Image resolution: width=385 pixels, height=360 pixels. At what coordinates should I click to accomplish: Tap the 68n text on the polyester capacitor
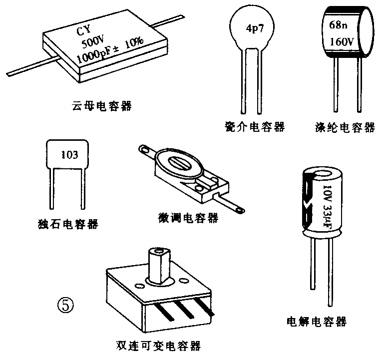pyautogui.click(x=338, y=24)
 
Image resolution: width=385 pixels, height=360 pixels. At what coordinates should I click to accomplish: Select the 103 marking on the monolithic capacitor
pyautogui.click(x=69, y=155)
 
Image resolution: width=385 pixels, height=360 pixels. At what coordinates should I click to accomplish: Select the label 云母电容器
pyautogui.click(x=102, y=106)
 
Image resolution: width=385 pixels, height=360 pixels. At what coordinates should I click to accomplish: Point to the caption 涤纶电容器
pyautogui.click(x=345, y=127)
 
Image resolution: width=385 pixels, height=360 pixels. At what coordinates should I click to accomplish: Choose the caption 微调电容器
pyautogui.click(x=187, y=218)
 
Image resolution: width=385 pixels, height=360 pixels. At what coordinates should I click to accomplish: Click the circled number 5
pyautogui.click(x=66, y=304)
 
